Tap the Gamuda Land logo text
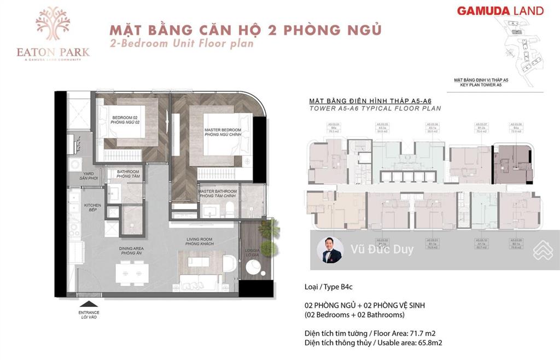click(x=500, y=10)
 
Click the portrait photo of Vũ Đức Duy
click(x=330, y=249)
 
